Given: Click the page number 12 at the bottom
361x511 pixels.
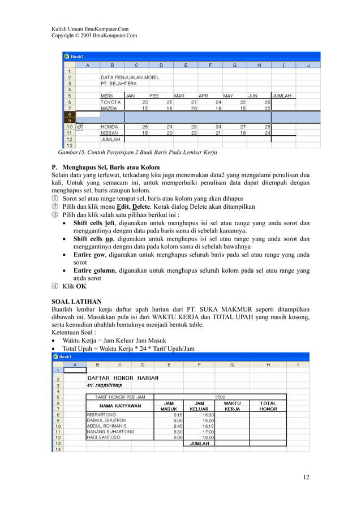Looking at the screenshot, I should point(306,477).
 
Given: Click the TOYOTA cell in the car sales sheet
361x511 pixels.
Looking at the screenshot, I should point(111,102).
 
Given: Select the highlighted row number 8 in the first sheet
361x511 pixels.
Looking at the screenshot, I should point(68,114).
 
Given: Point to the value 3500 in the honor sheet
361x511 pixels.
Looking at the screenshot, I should point(220,397).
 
